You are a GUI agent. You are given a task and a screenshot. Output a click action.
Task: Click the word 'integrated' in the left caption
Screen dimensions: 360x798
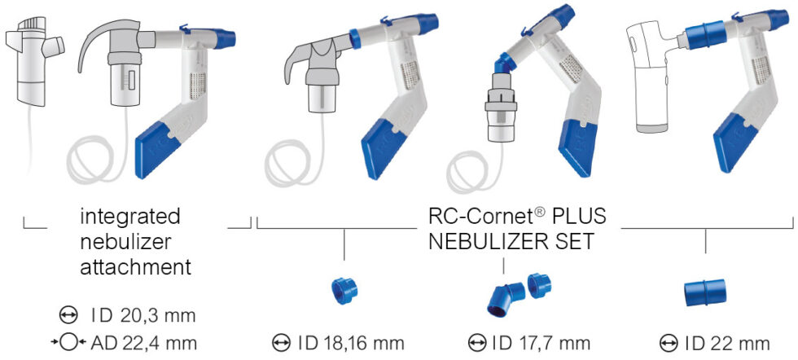pos(130,218)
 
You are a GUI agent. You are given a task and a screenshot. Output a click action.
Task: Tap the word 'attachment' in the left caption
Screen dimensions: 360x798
pos(135,266)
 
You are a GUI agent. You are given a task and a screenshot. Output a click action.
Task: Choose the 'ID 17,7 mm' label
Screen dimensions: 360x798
pos(541,343)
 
